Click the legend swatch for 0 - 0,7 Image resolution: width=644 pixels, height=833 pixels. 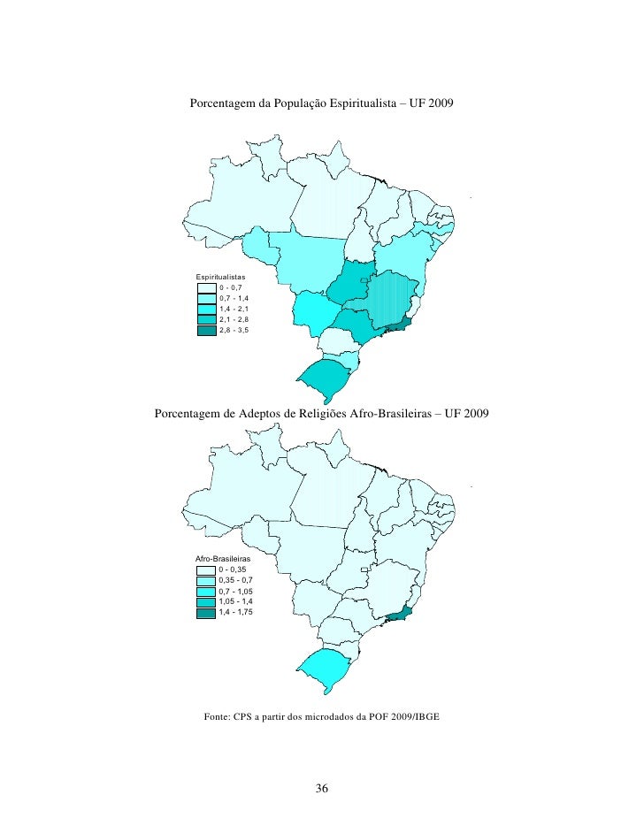coord(206,288)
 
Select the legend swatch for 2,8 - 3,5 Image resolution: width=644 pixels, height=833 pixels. coord(206,331)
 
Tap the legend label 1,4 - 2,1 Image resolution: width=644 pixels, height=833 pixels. coord(234,310)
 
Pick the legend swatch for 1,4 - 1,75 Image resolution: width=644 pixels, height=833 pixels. coord(206,613)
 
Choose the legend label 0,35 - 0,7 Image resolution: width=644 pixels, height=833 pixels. coord(235,581)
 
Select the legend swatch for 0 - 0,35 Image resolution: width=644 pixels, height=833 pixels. coord(206,570)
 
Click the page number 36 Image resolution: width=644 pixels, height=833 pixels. coord(322,789)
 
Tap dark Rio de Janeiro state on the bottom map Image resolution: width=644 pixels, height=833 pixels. coord(397,613)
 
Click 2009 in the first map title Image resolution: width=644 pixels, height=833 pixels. coord(438,104)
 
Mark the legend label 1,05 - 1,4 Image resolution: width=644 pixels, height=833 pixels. coord(235,602)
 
